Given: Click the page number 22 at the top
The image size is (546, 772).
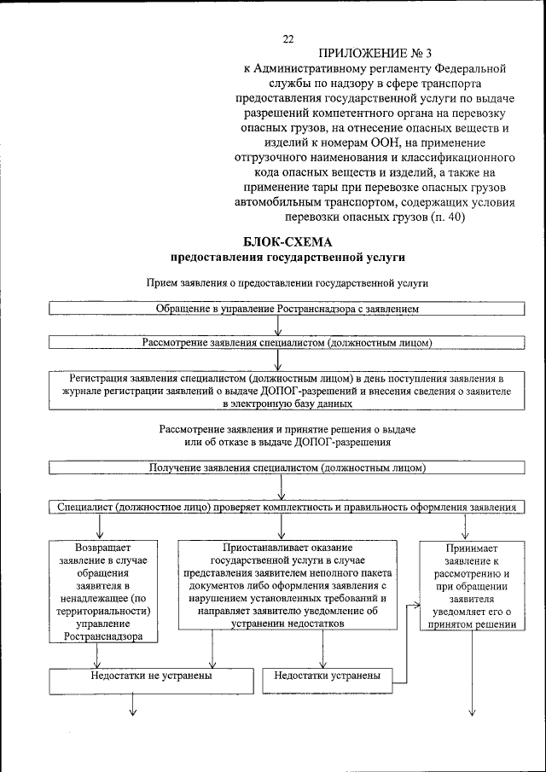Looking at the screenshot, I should click(288, 38).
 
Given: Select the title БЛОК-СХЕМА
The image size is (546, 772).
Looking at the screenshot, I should click(287, 241).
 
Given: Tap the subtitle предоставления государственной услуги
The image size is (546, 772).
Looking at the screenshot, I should click(288, 256).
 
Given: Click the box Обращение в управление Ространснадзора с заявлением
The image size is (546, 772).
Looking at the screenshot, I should click(288, 307).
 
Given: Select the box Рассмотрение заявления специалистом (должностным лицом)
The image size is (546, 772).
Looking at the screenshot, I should click(288, 342).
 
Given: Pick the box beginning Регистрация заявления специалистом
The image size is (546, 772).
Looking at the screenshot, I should click(288, 389).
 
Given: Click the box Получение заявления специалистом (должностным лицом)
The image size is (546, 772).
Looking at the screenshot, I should click(288, 468).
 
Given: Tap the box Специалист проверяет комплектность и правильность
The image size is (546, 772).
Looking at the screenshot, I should click(288, 507).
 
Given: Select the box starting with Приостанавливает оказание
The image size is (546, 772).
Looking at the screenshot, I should click(288, 585).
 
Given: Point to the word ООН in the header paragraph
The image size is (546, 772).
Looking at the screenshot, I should click(377, 143).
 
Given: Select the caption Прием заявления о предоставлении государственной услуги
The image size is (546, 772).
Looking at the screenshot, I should click(287, 282).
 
